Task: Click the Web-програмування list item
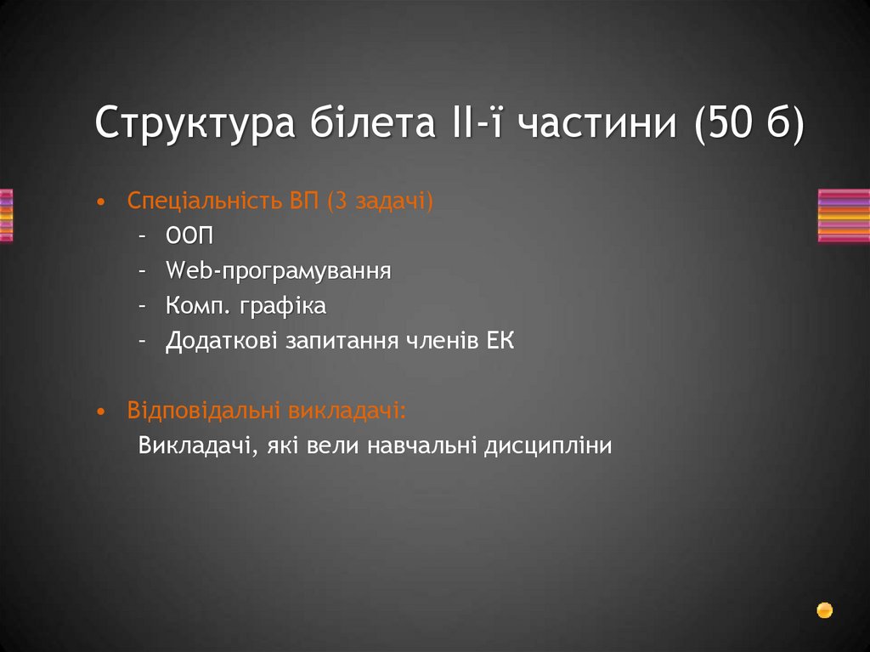tap(279, 271)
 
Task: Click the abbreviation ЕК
tap(500, 341)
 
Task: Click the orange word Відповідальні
tap(205, 411)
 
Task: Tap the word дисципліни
tap(548, 445)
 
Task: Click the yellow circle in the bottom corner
tap(824, 609)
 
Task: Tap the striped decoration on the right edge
tap(844, 216)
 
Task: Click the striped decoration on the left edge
tap(6, 216)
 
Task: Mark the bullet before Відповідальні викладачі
tap(102, 411)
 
